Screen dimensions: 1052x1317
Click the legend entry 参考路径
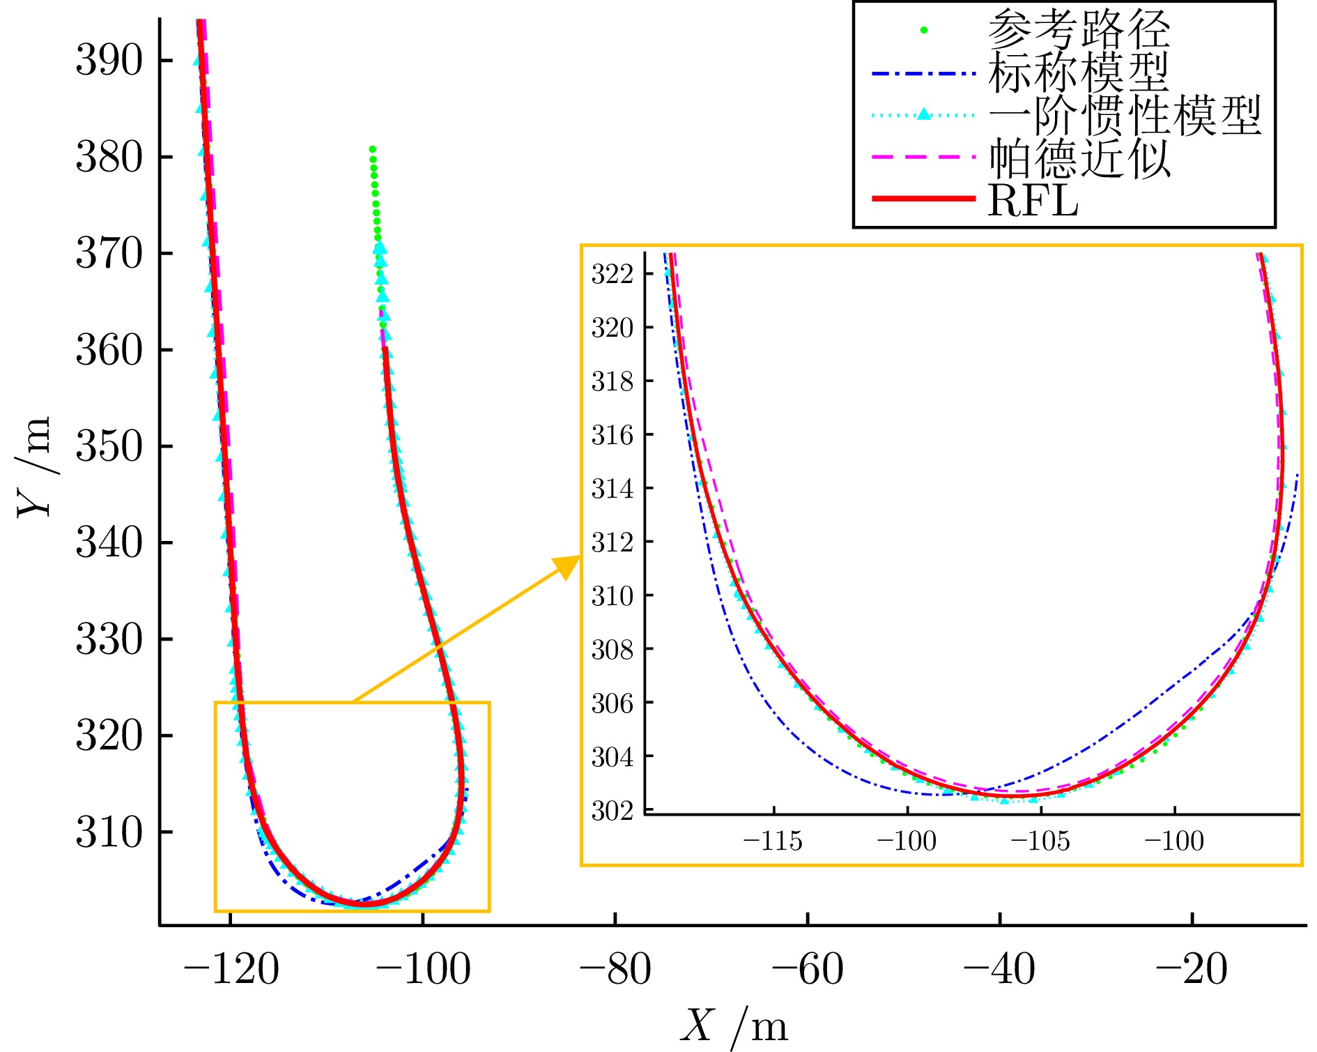pyautogui.click(x=1078, y=29)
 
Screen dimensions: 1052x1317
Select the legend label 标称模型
pyautogui.click(x=1078, y=72)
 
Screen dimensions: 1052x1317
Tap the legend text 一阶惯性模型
pyautogui.click(x=1124, y=115)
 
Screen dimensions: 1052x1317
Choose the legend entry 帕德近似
pyautogui.click(x=1079, y=158)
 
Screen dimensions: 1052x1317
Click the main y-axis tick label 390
pyautogui.click(x=109, y=61)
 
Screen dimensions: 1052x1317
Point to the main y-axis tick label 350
pyautogui.click(x=109, y=446)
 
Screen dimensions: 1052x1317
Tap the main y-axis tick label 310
pyautogui.click(x=109, y=832)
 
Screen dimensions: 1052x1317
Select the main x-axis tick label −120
pyautogui.click(x=231, y=970)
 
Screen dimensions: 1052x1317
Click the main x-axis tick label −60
pyautogui.click(x=808, y=970)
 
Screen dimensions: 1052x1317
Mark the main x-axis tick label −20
pyautogui.click(x=1192, y=970)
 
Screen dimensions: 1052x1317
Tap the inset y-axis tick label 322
pyautogui.click(x=612, y=274)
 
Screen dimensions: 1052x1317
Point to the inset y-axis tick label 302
pyautogui.click(x=612, y=811)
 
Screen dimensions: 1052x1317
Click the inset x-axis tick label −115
pyautogui.click(x=773, y=841)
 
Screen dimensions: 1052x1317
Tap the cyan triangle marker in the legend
pyautogui.click(x=924, y=114)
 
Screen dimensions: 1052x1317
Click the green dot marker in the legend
pyautogui.click(x=924, y=30)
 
